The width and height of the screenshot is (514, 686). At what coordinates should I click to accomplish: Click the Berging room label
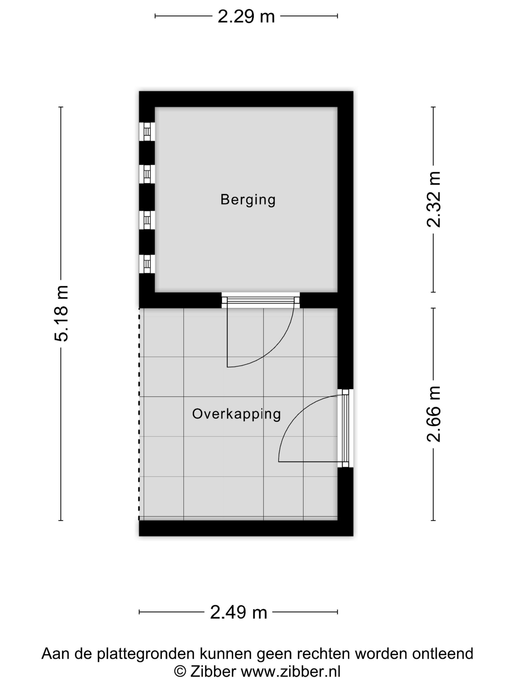[x=248, y=199]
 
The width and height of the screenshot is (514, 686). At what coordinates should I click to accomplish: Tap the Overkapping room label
[x=236, y=414]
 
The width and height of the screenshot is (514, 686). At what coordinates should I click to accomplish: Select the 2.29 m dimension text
[x=246, y=16]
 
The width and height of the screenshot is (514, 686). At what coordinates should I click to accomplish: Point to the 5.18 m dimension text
[x=61, y=313]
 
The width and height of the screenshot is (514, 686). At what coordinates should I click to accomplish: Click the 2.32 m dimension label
[x=433, y=199]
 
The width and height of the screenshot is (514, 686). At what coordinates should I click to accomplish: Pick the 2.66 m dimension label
[x=433, y=414]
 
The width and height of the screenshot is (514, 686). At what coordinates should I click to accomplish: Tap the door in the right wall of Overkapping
[x=345, y=428]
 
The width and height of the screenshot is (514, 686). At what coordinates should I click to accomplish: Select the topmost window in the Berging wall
[x=147, y=132]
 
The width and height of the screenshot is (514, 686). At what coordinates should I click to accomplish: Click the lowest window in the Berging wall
[x=147, y=264]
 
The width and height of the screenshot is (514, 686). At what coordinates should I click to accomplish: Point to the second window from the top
[x=147, y=174]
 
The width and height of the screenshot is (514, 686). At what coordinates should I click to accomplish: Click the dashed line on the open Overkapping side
[x=139, y=416]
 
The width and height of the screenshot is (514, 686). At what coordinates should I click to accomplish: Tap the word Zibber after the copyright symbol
[x=213, y=672]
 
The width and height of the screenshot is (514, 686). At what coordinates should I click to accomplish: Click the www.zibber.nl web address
[x=291, y=672]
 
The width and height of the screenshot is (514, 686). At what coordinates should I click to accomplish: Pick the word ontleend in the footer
[x=443, y=654]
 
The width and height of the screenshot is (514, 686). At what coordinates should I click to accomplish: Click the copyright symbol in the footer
[x=180, y=672]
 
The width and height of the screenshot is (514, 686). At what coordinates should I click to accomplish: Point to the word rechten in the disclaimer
[x=324, y=654]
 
